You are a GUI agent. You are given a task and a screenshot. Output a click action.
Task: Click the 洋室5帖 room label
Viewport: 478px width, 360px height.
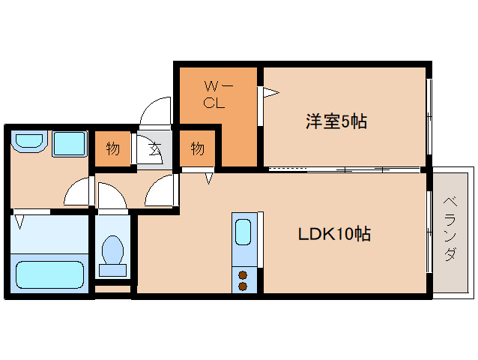coord(336,121)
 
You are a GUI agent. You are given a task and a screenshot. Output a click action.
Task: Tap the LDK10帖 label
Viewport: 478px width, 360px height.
coord(334,234)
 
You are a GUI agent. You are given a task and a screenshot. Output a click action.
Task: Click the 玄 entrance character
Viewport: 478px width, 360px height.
coord(154,148)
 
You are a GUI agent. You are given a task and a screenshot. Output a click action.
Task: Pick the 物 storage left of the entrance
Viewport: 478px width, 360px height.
coord(112,148)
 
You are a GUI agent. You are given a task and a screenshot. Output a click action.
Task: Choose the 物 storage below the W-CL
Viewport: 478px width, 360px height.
coord(197,148)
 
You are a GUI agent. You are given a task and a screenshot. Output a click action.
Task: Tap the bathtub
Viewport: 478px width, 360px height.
coord(49,274)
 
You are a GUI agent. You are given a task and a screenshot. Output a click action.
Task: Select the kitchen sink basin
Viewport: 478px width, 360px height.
coord(244,232)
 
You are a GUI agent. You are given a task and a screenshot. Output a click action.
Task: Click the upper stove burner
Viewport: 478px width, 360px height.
coord(243,274)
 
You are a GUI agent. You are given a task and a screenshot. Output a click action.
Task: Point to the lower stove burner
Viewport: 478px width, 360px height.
coord(243,286)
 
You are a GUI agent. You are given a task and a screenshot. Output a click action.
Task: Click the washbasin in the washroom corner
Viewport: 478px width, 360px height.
coord(29,142)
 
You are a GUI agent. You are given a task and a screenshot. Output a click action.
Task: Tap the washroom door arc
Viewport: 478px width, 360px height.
coord(78,193)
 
